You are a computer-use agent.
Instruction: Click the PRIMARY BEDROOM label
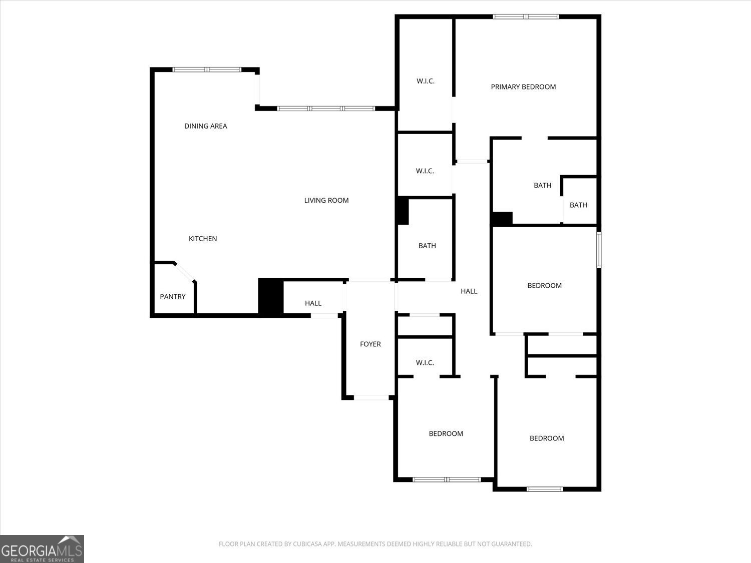[x=523, y=87]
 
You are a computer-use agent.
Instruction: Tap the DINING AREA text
[x=206, y=126]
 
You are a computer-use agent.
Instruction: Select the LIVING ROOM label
[x=326, y=200]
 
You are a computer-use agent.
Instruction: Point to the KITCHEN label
[x=203, y=239]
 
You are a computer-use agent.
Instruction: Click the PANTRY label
[x=173, y=297]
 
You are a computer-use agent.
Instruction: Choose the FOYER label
[x=370, y=344]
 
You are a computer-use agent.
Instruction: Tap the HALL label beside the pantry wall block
[x=313, y=303]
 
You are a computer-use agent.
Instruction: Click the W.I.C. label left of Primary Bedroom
[x=425, y=81]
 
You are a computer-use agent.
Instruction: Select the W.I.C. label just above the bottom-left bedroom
[x=425, y=363]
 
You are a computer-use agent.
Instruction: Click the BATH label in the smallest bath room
[x=578, y=205]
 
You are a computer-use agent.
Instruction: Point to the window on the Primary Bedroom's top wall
[x=526, y=17]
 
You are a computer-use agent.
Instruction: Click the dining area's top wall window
[x=207, y=70]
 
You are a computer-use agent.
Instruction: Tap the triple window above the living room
[x=326, y=109]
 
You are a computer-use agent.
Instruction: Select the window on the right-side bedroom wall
[x=599, y=250]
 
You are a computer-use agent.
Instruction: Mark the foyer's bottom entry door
[x=371, y=397]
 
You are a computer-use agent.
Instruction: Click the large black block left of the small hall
[x=271, y=297]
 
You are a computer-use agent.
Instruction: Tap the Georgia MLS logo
[x=42, y=549]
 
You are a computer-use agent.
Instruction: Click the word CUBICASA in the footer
[x=305, y=544]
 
